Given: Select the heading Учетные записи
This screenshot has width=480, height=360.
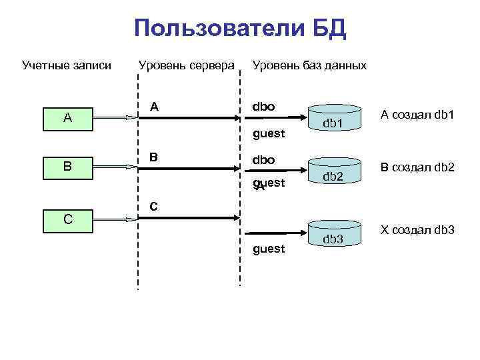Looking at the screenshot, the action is [67, 65].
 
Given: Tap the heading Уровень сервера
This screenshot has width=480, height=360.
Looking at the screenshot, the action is [186, 65].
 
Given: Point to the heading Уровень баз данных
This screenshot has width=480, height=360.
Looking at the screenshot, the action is [309, 65].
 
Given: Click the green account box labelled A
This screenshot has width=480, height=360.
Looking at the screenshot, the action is [67, 118].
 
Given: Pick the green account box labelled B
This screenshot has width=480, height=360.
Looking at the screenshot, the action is [67, 166].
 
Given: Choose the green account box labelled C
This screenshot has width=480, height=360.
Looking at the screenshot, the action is [67, 217].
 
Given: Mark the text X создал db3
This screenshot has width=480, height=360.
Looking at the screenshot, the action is [417, 230].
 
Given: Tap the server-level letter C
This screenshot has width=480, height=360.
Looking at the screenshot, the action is [154, 207].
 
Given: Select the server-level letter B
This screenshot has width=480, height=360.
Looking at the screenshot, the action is [154, 157].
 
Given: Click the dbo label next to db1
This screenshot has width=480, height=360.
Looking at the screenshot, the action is [263, 107].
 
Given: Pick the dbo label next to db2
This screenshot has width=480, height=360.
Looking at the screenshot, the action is [263, 161].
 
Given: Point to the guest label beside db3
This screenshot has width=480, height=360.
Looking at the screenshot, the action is [269, 249].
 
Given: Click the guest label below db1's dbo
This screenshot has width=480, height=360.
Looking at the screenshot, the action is [269, 134].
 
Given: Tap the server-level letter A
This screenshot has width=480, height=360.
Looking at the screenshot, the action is [154, 107].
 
